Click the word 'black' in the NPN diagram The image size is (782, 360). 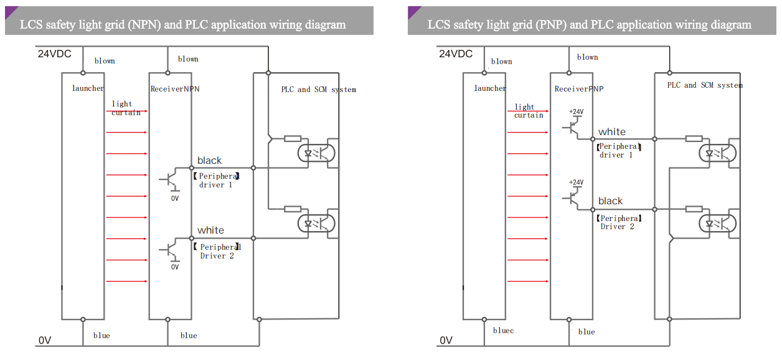tap(209, 161)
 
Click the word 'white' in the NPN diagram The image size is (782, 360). tap(210, 230)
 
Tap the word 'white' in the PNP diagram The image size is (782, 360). tap(612, 131)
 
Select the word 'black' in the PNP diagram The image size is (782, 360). tap(610, 201)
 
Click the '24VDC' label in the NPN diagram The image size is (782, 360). tap(55, 54)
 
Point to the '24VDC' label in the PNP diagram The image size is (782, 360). tap(456, 54)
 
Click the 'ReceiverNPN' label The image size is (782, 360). tap(175, 89)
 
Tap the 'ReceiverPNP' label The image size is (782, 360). tap(579, 89)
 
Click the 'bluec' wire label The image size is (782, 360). tap(503, 331)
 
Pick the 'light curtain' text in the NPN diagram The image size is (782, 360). tap(125, 108)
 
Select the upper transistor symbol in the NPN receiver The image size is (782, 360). tap(170, 179)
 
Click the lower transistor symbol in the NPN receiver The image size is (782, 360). tap(170, 249)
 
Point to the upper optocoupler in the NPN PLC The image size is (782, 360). tap(318, 153)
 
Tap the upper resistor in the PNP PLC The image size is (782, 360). tap(694, 138)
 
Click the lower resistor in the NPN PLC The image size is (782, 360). tap(293, 209)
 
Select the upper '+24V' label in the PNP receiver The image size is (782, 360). tap(577, 112)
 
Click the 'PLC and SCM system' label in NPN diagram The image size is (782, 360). tap(318, 90)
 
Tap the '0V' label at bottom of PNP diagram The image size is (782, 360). tap(446, 341)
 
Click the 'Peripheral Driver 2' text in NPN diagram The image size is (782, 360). tap(218, 251)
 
